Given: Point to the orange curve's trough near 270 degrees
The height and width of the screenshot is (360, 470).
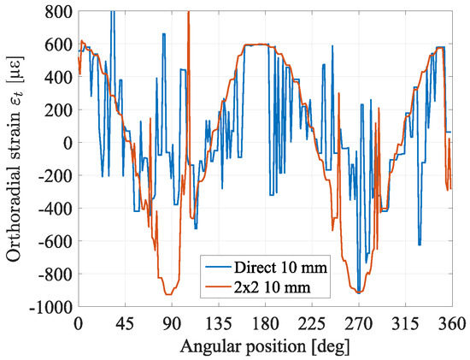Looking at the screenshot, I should click(359, 292).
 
